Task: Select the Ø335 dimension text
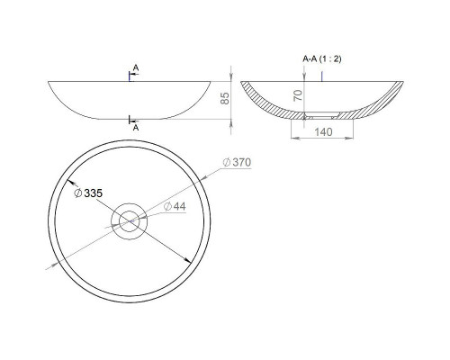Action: [88, 193]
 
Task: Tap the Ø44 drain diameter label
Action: [179, 207]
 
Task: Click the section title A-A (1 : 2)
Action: [322, 59]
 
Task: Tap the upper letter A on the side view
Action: [135, 68]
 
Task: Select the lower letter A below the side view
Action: [135, 128]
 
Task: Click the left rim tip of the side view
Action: [48, 83]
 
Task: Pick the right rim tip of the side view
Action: [214, 83]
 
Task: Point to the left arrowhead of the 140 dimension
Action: [292, 138]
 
